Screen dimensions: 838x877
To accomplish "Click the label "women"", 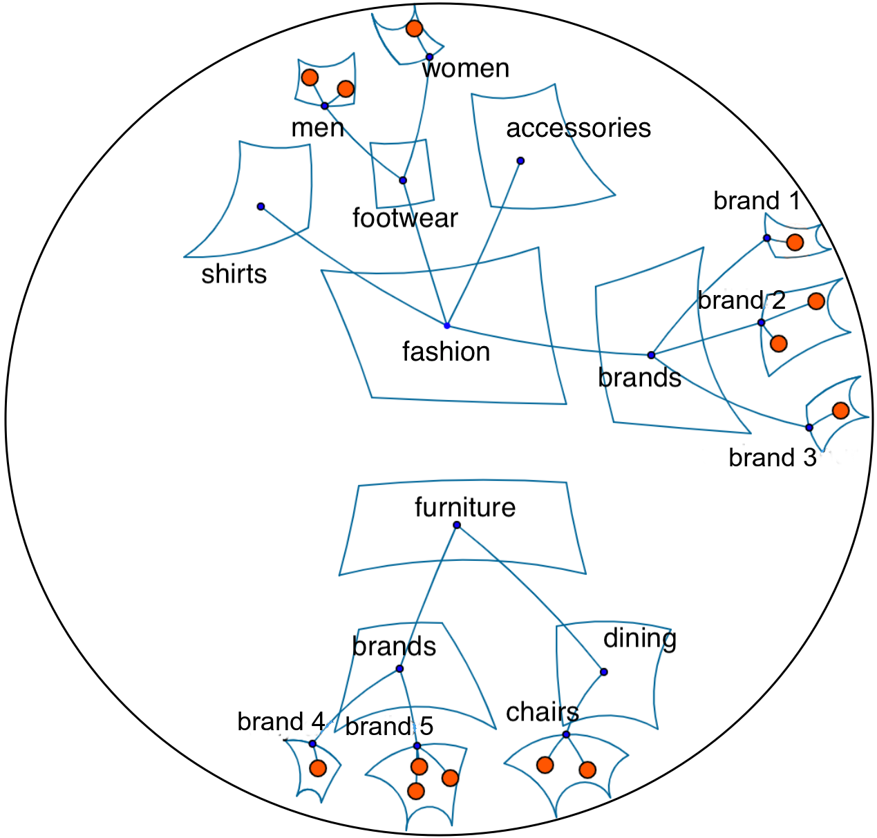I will pos(465,68).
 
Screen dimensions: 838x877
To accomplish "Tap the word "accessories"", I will pos(578,128).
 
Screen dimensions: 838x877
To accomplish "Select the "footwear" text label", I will pos(405,218).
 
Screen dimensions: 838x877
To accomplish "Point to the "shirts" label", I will pos(234,274).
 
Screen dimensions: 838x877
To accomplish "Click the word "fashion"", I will pos(446,352).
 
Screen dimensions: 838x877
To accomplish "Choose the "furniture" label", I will pos(464,508).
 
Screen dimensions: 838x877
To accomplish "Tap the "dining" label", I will pos(639,638).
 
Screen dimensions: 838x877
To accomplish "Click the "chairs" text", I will pos(543,712).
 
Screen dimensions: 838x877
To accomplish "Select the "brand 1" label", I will pos(757,201).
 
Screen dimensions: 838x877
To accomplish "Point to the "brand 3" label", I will pos(772,458).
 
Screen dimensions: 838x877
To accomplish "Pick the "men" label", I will pos(317,128).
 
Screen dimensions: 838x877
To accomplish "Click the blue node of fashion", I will pos(447,325).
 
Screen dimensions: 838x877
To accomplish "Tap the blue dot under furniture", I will pos(457,525).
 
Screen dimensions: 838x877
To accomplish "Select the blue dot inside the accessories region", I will pos(520,161).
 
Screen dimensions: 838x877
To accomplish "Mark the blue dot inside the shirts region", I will pos(261,207).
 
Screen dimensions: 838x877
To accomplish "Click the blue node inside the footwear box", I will pos(403,180).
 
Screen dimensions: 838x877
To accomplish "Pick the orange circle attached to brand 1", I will pos(795,242).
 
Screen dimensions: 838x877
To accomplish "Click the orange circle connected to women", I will pos(414,28).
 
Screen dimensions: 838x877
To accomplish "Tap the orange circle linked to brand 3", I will pos(840,410).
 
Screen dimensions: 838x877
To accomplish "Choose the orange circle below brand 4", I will pos(318,768).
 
